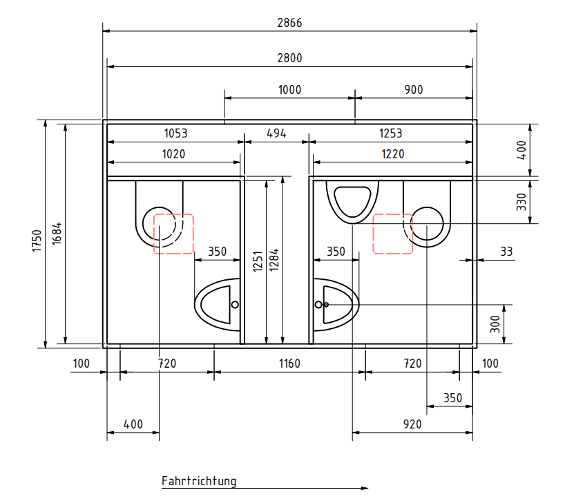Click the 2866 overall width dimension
tap(289, 22)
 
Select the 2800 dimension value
tap(289, 58)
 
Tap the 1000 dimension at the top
tap(289, 89)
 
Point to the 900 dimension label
tap(413, 89)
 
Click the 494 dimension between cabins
tap(276, 133)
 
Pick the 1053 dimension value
tap(175, 133)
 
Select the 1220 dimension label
tap(393, 154)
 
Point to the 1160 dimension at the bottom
tap(289, 364)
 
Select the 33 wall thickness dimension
tap(506, 252)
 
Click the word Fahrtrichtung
tap(199, 481)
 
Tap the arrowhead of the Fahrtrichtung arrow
tap(365, 488)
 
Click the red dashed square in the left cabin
tap(173, 234)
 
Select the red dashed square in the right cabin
tap(392, 233)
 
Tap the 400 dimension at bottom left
tap(133, 424)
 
